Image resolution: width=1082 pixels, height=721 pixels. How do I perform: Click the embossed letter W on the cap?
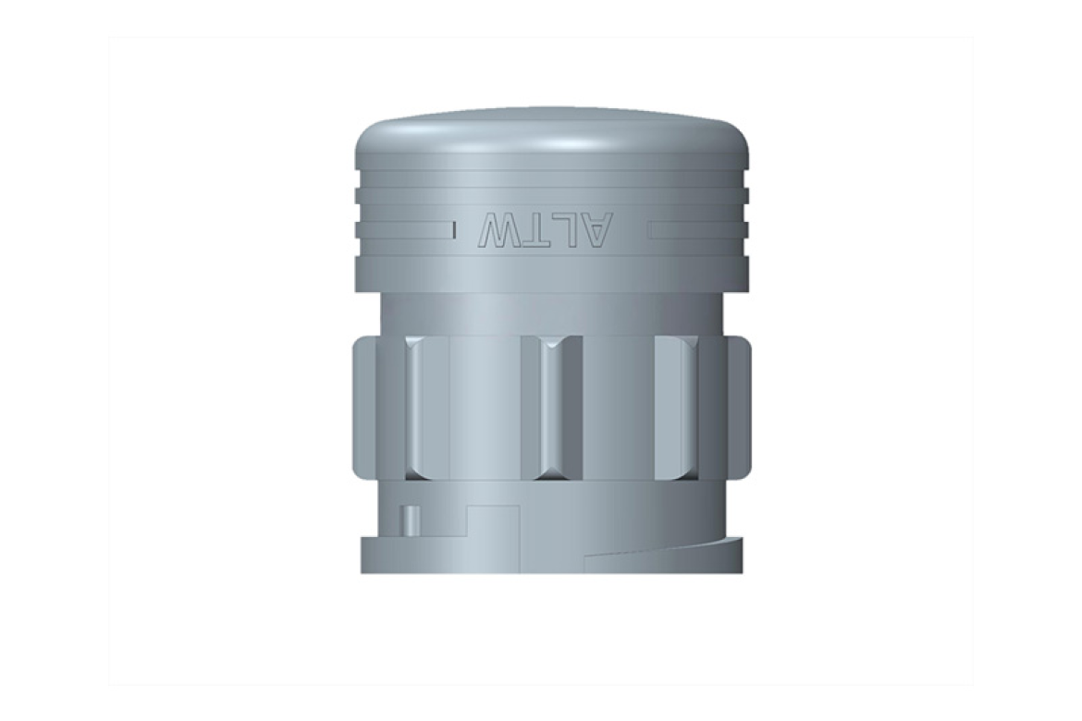[x=499, y=231]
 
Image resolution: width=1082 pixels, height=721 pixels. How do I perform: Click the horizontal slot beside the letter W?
[x=407, y=228]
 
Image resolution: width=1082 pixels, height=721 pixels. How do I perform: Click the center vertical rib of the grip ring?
[x=550, y=408]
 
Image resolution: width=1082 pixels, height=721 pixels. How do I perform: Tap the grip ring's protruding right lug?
[x=740, y=408]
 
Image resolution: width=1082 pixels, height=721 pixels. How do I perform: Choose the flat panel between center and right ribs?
[x=618, y=408]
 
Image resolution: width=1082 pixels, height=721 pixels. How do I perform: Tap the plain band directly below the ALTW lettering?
[x=551, y=274]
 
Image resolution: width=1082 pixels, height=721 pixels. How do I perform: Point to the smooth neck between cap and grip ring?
[x=551, y=314]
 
